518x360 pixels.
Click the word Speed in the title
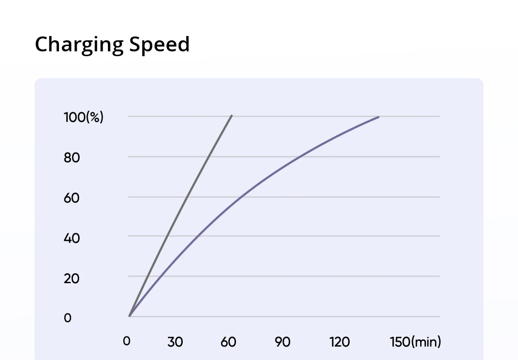click(159, 45)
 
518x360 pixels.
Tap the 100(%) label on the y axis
click(83, 117)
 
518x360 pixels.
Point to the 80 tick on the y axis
click(72, 157)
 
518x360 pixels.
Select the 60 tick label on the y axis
click(72, 197)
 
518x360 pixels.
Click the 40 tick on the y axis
click(72, 238)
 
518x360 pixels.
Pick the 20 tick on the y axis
click(72, 278)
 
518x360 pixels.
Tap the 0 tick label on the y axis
click(68, 318)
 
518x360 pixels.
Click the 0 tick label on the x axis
click(127, 341)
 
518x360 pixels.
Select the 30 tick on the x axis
click(175, 342)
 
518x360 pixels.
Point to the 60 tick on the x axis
click(229, 342)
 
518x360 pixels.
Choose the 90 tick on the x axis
click(283, 342)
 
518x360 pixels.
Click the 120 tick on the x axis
click(340, 342)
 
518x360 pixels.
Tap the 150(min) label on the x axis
click(415, 342)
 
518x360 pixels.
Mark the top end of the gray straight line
click(232, 116)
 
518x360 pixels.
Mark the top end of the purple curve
click(378, 117)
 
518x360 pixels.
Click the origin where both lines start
click(129, 316)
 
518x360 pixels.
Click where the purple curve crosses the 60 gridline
click(239, 197)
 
